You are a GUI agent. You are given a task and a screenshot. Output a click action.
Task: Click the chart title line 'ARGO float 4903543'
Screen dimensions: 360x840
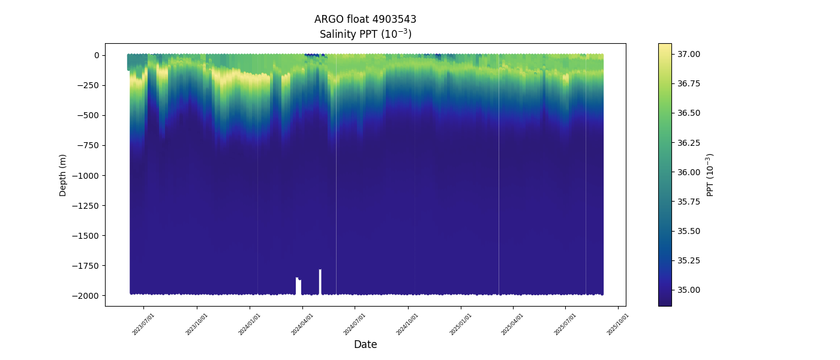[x=365, y=19]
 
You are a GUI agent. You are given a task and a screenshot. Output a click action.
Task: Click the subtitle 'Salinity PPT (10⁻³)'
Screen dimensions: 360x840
[x=365, y=34]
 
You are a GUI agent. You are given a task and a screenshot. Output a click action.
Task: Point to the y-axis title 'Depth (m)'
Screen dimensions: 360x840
[x=63, y=175]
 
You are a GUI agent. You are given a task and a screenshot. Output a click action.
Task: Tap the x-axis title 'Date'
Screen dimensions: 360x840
[x=365, y=344]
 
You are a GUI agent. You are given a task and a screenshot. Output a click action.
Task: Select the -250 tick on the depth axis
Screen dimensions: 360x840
[x=88, y=85]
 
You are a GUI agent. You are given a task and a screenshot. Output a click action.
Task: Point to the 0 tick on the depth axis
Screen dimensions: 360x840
[x=96, y=55]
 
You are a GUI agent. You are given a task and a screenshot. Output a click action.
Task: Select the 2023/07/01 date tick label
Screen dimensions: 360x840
[x=144, y=324]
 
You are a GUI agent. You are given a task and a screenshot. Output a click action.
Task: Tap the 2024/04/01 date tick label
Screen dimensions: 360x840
[x=302, y=324]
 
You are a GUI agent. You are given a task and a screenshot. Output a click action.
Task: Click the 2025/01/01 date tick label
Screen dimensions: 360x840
[x=461, y=324]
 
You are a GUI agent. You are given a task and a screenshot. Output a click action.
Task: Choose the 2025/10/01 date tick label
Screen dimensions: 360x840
[x=618, y=324]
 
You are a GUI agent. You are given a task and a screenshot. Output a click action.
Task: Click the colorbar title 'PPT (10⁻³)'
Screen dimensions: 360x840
[x=710, y=175]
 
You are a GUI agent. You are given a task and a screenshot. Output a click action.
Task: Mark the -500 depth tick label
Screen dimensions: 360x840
[x=88, y=115]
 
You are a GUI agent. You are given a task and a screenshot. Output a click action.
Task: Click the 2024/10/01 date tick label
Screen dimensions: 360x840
[x=408, y=324]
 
